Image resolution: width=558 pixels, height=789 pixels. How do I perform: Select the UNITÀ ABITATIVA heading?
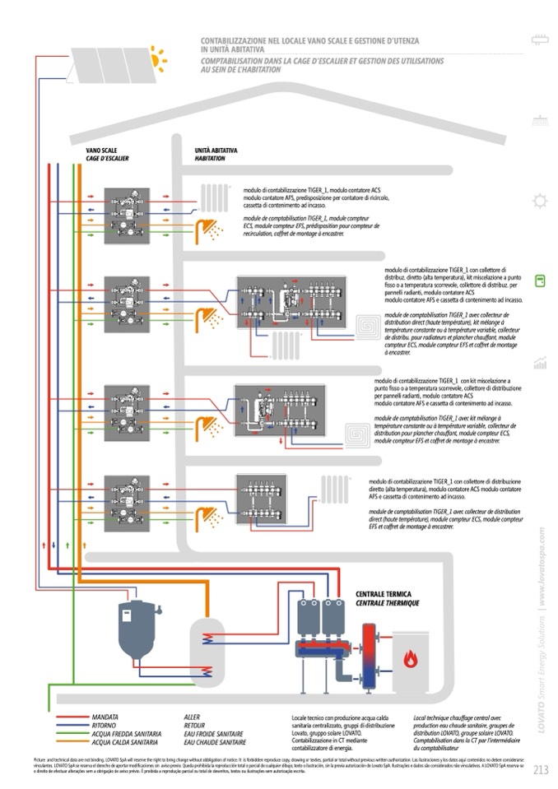click(x=216, y=151)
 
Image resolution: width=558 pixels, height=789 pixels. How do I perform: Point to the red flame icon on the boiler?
click(x=412, y=657)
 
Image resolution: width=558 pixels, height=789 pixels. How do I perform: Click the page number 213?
click(x=540, y=771)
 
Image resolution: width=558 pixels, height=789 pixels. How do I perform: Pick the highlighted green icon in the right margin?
click(x=540, y=281)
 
